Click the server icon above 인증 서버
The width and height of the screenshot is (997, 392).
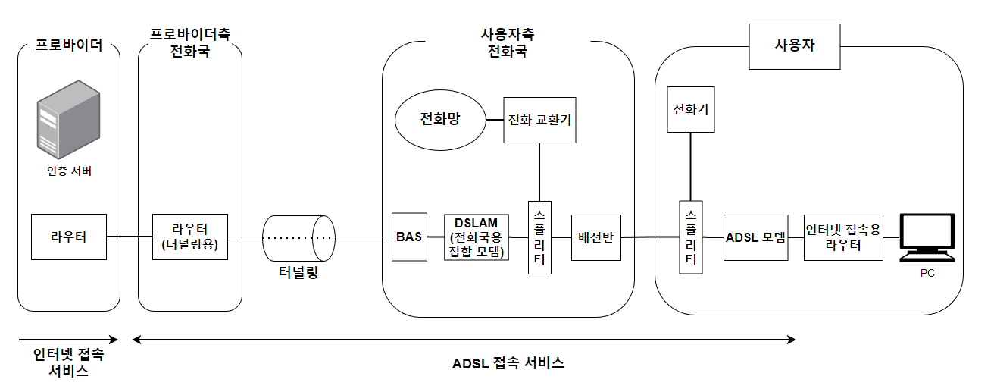point(69,118)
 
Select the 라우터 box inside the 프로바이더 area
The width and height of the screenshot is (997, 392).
point(69,237)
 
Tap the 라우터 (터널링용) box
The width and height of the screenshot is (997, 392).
point(190,237)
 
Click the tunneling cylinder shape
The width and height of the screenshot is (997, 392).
point(299,237)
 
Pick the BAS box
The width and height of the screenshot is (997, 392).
point(409,237)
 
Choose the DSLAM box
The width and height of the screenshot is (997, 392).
point(476,237)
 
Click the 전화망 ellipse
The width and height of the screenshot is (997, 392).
point(440,119)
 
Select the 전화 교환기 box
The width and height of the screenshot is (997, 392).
point(539,120)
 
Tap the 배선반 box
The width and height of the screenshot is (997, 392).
point(595,237)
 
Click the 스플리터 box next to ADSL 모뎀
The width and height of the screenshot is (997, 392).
point(690,237)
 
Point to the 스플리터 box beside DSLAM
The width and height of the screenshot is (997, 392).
point(539,237)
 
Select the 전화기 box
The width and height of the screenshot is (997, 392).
point(690,109)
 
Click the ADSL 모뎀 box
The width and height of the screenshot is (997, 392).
point(756,237)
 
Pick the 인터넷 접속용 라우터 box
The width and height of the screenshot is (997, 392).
point(843,237)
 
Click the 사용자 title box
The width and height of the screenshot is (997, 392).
point(794,45)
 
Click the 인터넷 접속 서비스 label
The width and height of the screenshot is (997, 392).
point(68,362)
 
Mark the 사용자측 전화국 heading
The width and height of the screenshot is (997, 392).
point(508,44)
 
